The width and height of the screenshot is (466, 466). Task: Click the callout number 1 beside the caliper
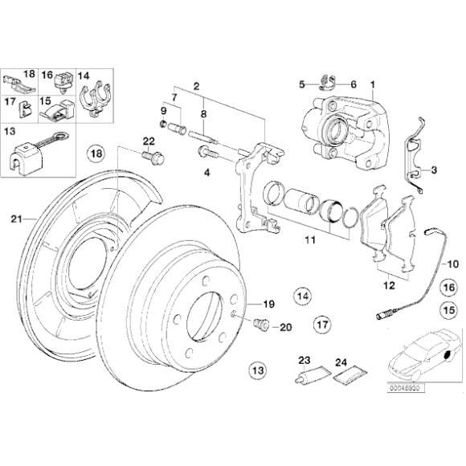coord(372,84)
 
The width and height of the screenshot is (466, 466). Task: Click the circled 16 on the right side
coord(448,286)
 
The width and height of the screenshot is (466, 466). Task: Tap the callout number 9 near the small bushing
coord(164,110)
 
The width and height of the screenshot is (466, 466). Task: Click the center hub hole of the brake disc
coord(198,317)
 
